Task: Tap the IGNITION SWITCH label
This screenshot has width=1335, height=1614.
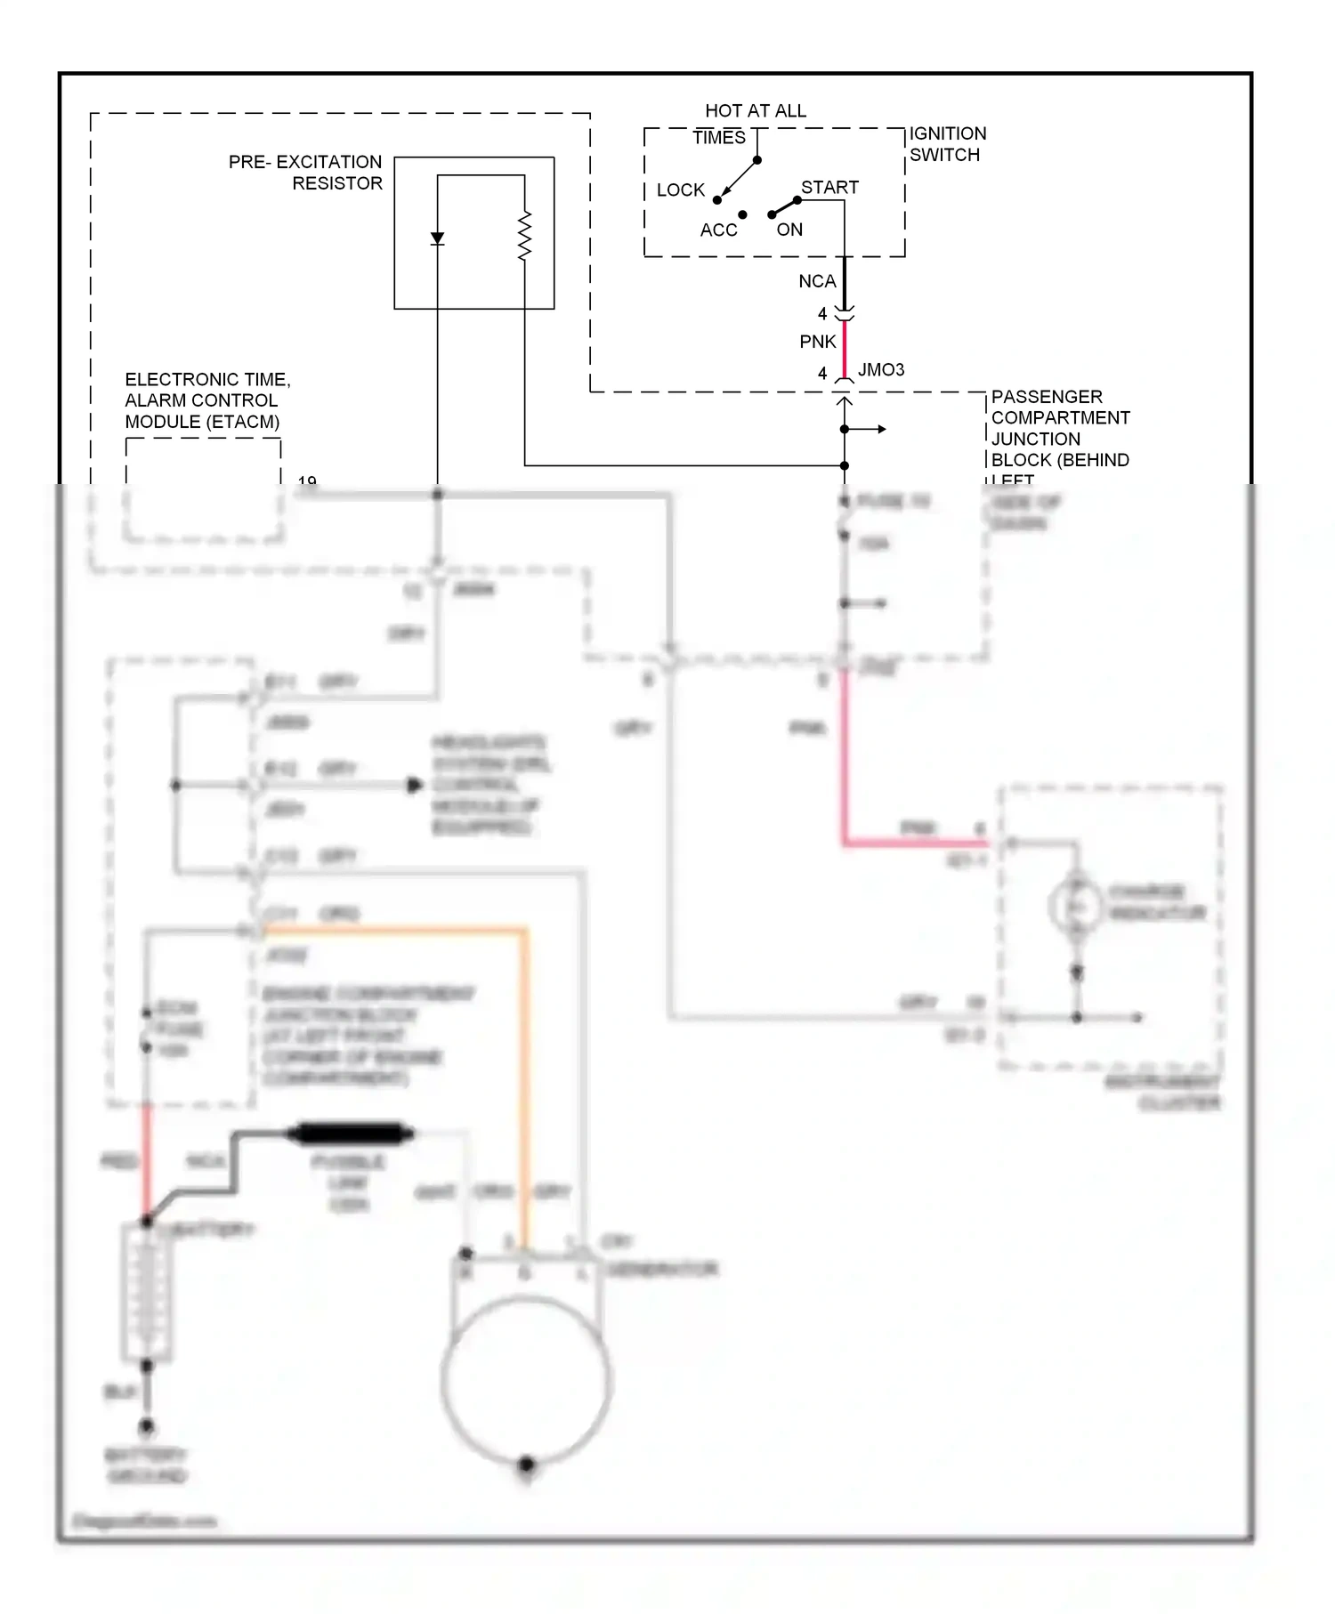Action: (947, 144)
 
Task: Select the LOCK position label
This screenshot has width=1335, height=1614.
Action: (680, 190)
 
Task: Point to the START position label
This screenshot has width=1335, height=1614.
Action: (829, 188)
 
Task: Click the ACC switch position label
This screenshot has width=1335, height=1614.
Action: (718, 230)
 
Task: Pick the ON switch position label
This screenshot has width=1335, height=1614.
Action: (789, 230)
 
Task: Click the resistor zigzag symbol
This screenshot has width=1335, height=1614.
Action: (524, 236)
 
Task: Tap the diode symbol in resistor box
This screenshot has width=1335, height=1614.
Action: (437, 238)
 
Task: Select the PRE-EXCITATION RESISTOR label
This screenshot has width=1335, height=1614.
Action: (305, 173)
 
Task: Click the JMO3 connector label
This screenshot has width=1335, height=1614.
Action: (880, 370)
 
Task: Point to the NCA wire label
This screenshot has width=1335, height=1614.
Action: (816, 281)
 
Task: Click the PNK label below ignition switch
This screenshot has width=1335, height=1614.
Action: (817, 342)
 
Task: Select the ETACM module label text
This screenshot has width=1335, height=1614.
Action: (206, 400)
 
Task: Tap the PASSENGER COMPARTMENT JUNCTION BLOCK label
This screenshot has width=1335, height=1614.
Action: (1059, 429)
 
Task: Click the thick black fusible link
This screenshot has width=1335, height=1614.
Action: (350, 1134)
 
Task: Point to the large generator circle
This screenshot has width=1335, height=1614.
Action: (526, 1380)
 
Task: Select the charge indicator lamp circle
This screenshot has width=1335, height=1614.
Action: (1076, 906)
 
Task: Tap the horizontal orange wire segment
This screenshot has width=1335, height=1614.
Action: (392, 931)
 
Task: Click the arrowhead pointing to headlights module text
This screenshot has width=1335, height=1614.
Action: (414, 786)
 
